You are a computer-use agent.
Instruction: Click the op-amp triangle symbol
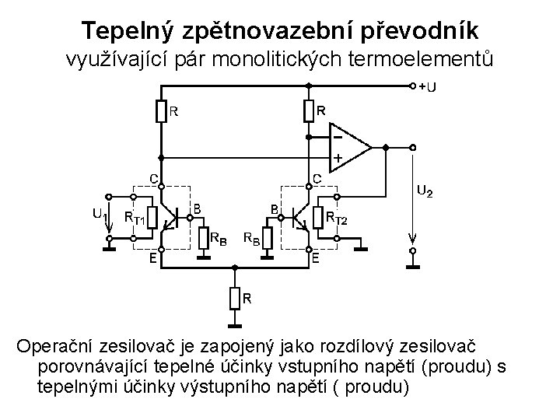pos(350,146)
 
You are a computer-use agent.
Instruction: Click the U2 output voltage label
pos(425,190)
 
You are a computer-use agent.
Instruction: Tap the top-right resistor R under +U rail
pos(309,112)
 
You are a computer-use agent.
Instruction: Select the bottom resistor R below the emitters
pos(233,297)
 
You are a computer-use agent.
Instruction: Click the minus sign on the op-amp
pos(338,135)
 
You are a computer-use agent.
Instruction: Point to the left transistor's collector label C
pos(155,179)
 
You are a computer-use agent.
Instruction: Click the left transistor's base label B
pos(198,208)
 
